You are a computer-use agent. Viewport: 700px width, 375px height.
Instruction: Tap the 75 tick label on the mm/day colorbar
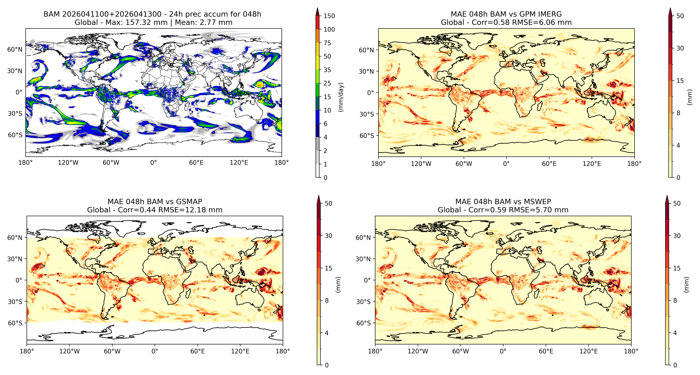(327, 43)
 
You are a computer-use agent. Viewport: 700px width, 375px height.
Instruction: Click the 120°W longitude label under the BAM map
(68, 163)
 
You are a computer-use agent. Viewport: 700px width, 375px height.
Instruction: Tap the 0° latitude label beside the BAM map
(19, 92)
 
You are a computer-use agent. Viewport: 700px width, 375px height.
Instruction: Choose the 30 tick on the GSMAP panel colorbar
(329, 236)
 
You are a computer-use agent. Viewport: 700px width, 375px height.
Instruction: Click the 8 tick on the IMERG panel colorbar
(678, 113)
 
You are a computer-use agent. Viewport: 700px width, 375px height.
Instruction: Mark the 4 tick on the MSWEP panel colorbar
(675, 333)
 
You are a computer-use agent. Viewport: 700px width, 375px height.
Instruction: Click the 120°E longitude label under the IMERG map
(592, 164)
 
